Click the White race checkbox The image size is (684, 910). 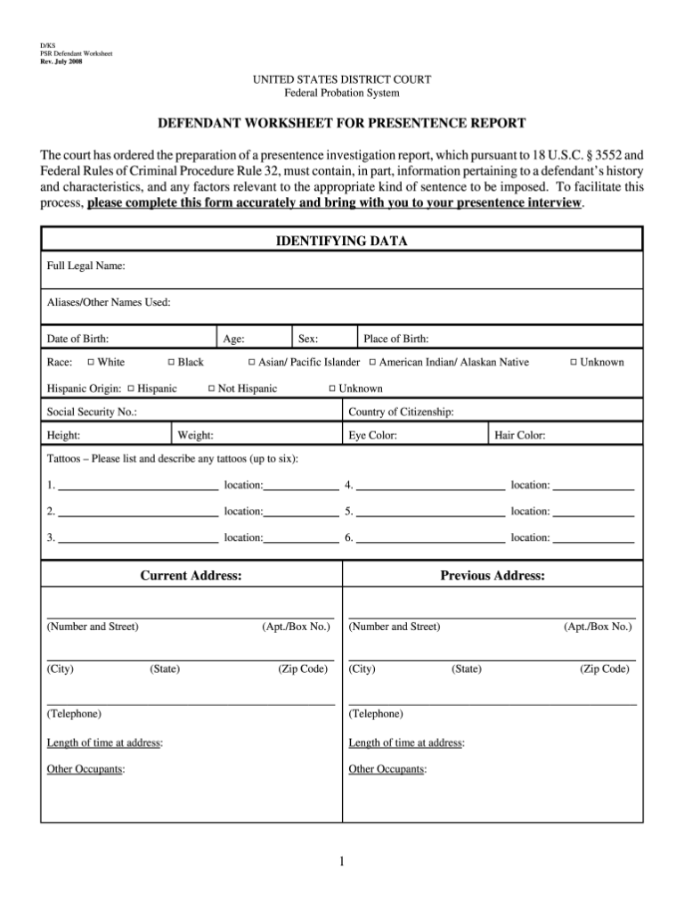pos(91,363)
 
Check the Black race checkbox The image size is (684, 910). pos(171,363)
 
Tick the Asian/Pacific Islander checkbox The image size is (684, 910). pos(251,363)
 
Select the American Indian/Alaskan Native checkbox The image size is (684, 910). pos(372,363)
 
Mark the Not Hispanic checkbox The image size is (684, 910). pos(211,389)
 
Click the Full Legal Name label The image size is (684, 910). pos(85,266)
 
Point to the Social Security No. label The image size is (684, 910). pos(91,413)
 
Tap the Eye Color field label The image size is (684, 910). pos(372,436)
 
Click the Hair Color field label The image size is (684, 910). pos(520,436)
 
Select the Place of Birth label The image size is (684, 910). pos(396,339)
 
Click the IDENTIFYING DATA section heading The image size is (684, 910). pos(342,242)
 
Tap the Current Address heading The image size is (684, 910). pos(191,576)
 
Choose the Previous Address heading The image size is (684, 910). pos(493,576)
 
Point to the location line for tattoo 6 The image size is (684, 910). pos(593,538)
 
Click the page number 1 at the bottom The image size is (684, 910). pos(342,862)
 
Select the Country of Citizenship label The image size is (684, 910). pos(401,413)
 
